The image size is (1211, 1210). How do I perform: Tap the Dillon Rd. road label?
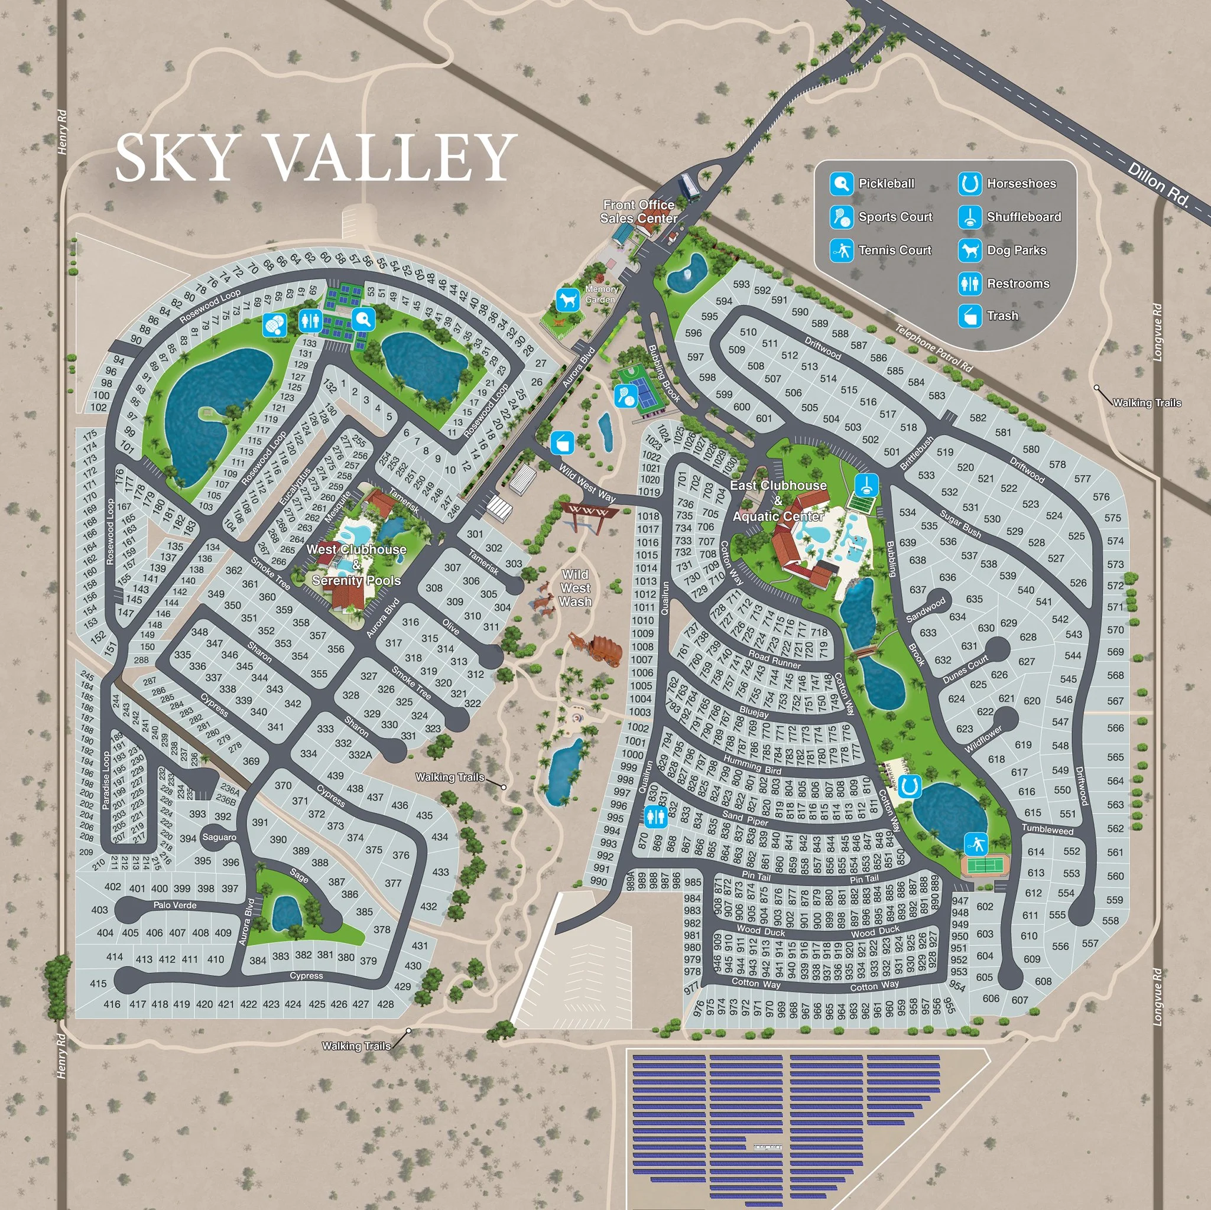point(1159,186)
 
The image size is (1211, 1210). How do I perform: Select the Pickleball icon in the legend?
point(841,184)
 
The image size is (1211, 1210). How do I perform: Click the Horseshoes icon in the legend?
point(970,184)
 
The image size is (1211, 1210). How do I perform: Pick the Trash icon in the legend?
point(970,316)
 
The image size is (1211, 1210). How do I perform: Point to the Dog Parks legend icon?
point(970,251)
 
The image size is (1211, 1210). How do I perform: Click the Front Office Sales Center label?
point(639,212)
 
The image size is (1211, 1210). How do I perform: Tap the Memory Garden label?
point(601,294)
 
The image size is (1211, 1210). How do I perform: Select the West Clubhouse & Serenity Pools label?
point(356,565)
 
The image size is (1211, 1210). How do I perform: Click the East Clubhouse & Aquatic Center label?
point(778,500)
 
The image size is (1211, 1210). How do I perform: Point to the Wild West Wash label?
point(575,588)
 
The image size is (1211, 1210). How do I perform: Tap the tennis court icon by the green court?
point(976,844)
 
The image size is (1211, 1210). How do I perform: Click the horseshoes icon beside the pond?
point(909,786)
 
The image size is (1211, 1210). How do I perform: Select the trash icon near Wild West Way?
point(562,443)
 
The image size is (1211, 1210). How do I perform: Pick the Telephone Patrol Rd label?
point(933,349)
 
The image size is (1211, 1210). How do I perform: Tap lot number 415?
point(99,984)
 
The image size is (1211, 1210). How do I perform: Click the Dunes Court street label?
point(965,669)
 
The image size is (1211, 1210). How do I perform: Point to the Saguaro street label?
point(219,837)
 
